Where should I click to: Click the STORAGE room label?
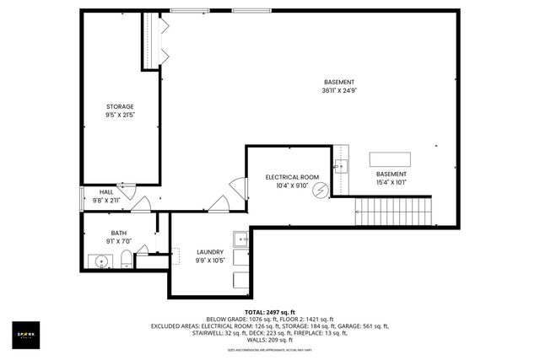[x=120, y=106]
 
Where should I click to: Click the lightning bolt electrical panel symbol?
[x=319, y=191]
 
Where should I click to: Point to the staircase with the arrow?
[x=392, y=211]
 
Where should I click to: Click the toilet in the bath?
[x=126, y=258]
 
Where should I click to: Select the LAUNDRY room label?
[x=210, y=251]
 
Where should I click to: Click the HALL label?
[x=106, y=192]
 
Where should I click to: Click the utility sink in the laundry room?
[x=240, y=238]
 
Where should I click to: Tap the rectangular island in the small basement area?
[x=391, y=159]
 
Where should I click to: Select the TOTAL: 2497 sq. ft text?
[x=269, y=311]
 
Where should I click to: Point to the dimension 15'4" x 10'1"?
[x=391, y=181]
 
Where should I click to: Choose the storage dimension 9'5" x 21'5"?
[x=120, y=115]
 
